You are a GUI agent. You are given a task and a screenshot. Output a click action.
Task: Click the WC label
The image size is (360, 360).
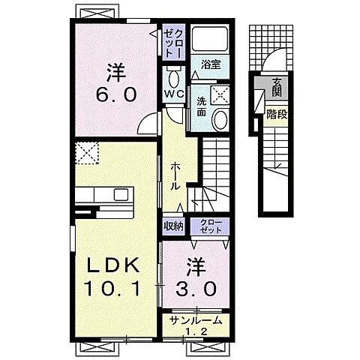pyautogui.click(x=174, y=94)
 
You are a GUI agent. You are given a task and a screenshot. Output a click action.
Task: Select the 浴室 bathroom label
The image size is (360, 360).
pyautogui.click(x=211, y=64)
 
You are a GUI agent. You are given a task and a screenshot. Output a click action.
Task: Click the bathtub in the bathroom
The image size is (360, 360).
pyautogui.click(x=210, y=38)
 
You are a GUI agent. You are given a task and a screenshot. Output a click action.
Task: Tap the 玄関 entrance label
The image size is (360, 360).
pyautogui.click(x=277, y=88)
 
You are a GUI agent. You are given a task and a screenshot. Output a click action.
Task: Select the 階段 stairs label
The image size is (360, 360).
pyautogui.click(x=277, y=115)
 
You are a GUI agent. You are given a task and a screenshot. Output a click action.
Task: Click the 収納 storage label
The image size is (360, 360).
pyautogui.click(x=174, y=226)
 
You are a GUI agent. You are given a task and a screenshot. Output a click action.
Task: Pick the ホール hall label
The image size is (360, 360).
pyautogui.click(x=175, y=176)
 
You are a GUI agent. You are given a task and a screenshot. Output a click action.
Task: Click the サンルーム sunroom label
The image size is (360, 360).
pyautogui.click(x=196, y=320)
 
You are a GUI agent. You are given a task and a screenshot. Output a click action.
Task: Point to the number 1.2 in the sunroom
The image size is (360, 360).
pyautogui.click(x=196, y=331)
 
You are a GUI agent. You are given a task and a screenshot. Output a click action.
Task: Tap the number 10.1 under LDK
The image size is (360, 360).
pyautogui.click(x=112, y=289)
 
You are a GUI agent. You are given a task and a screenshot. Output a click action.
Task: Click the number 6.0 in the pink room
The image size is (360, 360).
pyautogui.click(x=116, y=94)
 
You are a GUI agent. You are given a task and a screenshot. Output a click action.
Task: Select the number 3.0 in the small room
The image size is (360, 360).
pyautogui.click(x=196, y=289)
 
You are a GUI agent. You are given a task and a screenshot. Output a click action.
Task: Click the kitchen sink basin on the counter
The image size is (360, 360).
pyautogui.click(x=121, y=195)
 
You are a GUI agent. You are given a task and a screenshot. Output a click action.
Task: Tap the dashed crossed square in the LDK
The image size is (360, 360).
pyautogui.click(x=87, y=153)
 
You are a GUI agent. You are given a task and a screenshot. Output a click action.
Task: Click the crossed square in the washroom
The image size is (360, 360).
pyautogui.click(x=220, y=94)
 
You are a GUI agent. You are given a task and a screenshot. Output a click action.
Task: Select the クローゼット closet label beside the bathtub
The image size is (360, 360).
pyautogui.click(x=174, y=42)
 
